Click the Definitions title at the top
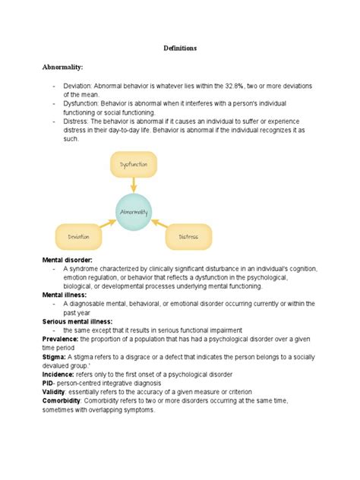tap(180, 48)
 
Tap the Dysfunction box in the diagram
tap(134, 164)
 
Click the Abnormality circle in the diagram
tap(134, 212)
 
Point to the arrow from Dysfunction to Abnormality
tap(134, 185)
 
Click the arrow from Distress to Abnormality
tap(160, 225)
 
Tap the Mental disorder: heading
tap(69, 260)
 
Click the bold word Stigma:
tap(54, 356)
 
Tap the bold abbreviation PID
tap(49, 384)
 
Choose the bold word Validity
tap(55, 393)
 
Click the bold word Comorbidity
tap(62, 402)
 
